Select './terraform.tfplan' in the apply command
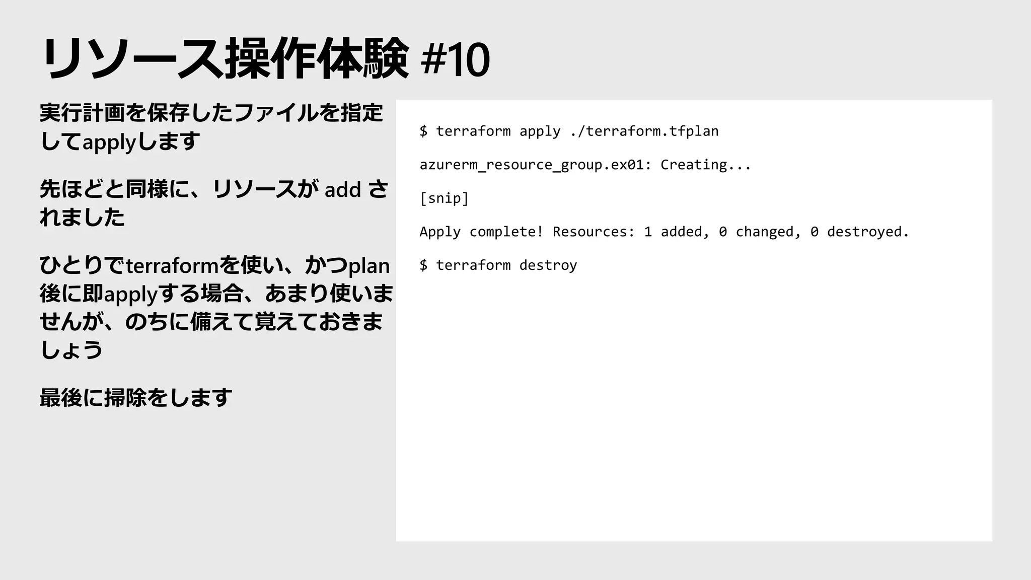coord(644,131)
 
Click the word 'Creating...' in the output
coord(705,165)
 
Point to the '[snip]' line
coord(444,198)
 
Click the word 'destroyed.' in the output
coord(868,232)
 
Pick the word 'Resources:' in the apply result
coord(594,232)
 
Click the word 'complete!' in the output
coord(506,232)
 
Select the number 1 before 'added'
coord(648,232)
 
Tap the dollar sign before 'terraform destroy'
coord(423,265)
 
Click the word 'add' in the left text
coord(343,190)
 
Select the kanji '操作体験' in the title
coord(317,59)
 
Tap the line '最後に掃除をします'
coord(136,398)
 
